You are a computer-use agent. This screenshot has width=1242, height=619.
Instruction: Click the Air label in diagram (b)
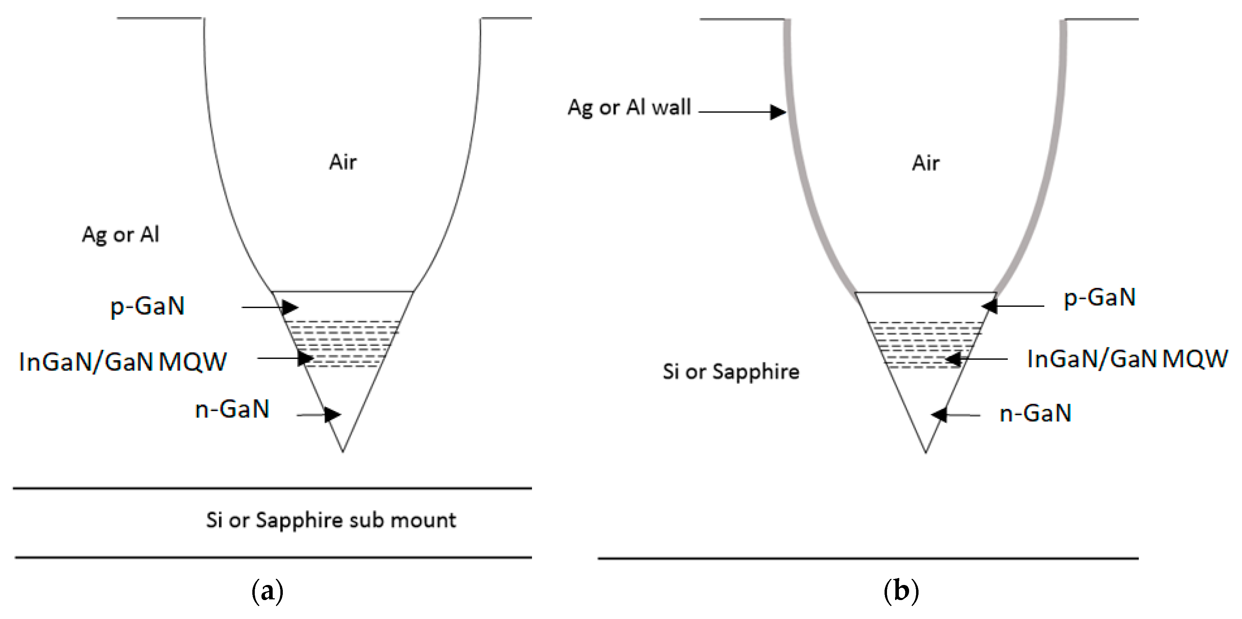pos(925,163)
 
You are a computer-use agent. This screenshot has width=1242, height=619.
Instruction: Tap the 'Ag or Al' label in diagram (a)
pos(121,235)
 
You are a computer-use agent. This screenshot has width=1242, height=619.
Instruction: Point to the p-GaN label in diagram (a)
pos(148,306)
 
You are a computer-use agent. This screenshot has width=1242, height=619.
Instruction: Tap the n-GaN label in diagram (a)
pos(232,409)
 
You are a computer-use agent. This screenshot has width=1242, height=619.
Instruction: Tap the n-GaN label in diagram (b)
pos(1036,413)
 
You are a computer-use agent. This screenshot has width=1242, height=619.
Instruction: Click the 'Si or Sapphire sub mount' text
pos(331,520)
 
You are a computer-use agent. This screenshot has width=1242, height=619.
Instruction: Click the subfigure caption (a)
pos(268,591)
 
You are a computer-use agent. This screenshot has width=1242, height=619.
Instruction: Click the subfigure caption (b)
pos(901,591)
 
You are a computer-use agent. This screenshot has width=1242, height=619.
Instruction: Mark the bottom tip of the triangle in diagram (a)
pos(343,451)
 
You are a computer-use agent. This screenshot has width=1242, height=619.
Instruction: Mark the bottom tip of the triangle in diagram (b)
pos(926,452)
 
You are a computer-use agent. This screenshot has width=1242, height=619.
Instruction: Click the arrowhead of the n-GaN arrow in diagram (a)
pos(333,415)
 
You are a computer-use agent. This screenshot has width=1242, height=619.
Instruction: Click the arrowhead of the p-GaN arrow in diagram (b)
pos(990,306)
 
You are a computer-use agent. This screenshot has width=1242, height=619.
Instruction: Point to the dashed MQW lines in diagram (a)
pos(342,343)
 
